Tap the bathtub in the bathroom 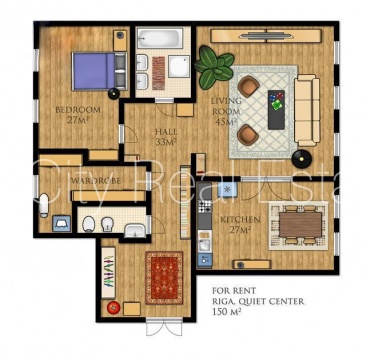(x=160, y=38)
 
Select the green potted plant (x=214, y=67)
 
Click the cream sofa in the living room (x=307, y=110)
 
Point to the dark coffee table (x=276, y=110)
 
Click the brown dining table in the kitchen (x=300, y=225)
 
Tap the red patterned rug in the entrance (x=164, y=278)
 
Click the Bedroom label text (x=78, y=110)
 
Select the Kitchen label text (x=240, y=220)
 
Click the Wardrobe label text (x=95, y=180)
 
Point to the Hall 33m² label (x=166, y=137)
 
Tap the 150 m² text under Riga (x=226, y=312)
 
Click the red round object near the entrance (x=114, y=307)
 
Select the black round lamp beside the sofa (x=302, y=159)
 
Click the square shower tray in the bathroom (x=179, y=66)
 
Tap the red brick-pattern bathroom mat (x=159, y=73)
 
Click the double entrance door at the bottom (x=164, y=326)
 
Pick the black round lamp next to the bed (x=113, y=94)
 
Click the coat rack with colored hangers (x=108, y=273)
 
